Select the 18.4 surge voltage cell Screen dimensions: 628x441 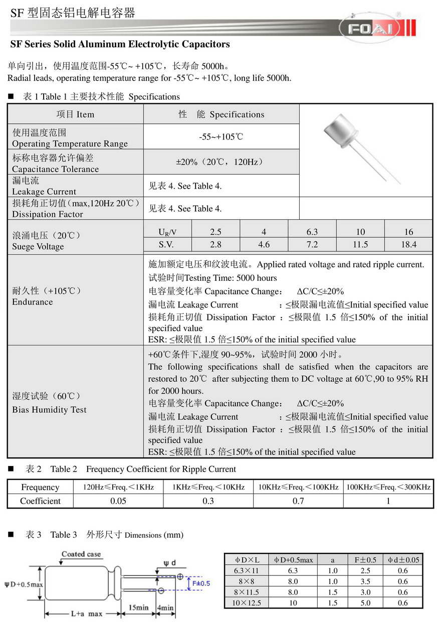click(408, 245)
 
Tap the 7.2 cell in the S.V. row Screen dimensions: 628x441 click(312, 245)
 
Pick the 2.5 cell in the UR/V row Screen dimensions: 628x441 click(215, 232)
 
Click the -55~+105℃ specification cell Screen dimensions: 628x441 click(221, 137)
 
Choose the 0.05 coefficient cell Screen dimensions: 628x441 click(118, 501)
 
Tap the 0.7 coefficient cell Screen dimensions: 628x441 click(298, 501)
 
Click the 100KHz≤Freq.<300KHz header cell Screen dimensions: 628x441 click(388, 487)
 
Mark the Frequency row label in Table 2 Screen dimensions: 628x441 click(40, 487)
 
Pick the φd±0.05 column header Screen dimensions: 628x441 click(402, 560)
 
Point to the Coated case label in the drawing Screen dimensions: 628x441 click(81, 554)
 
